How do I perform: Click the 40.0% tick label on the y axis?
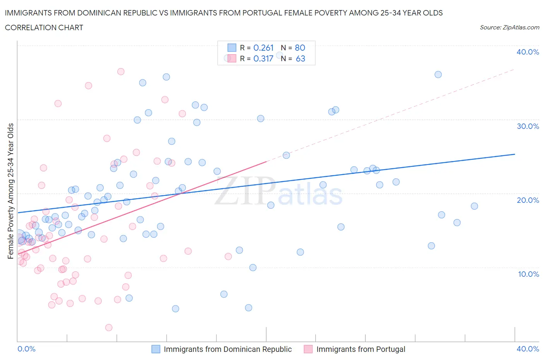click(x=527, y=52)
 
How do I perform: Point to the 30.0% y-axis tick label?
click(x=527, y=126)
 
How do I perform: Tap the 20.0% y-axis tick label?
click(x=527, y=200)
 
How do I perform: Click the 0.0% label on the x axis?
click(x=26, y=349)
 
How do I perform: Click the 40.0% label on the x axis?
click(x=528, y=349)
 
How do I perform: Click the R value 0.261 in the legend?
click(x=263, y=48)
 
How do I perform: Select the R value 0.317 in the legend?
click(x=263, y=58)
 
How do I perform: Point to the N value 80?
click(x=300, y=48)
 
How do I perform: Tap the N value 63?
click(x=300, y=58)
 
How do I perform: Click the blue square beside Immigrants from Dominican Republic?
click(x=156, y=349)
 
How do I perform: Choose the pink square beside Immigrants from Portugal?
click(x=308, y=349)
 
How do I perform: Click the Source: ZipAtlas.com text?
click(x=509, y=27)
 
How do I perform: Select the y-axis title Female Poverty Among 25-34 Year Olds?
click(x=10, y=191)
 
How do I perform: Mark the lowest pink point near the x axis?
click(x=109, y=327)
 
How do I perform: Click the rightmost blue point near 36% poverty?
click(x=438, y=75)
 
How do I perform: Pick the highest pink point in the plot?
click(x=121, y=72)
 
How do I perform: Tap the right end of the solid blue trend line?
click(x=515, y=154)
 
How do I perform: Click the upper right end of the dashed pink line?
click(x=514, y=69)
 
